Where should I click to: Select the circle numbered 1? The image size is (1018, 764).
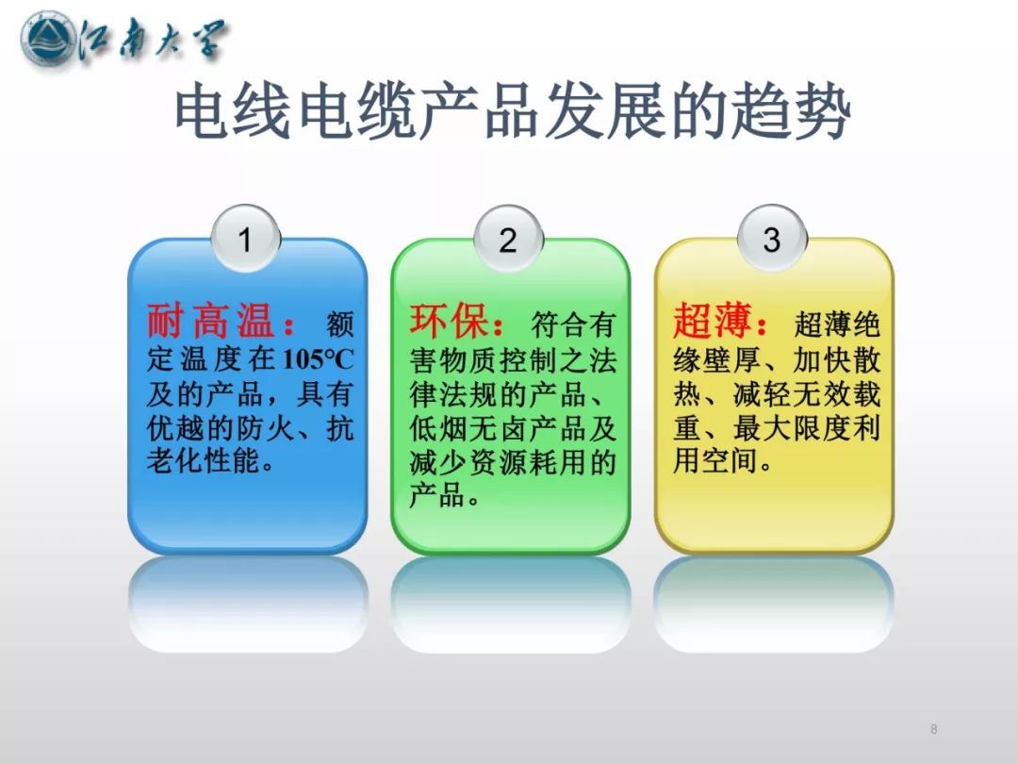[245, 239]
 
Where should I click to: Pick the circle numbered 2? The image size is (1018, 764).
[508, 239]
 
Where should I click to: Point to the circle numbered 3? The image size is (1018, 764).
[772, 239]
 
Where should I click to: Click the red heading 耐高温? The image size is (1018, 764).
[209, 321]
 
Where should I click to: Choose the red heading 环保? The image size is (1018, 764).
[449, 321]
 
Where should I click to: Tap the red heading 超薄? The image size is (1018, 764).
[713, 321]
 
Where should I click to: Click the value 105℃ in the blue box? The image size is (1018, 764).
[319, 358]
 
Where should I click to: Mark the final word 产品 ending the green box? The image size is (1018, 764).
[437, 496]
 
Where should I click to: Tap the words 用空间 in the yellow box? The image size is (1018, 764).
[716, 460]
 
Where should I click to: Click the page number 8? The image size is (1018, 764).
[933, 729]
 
